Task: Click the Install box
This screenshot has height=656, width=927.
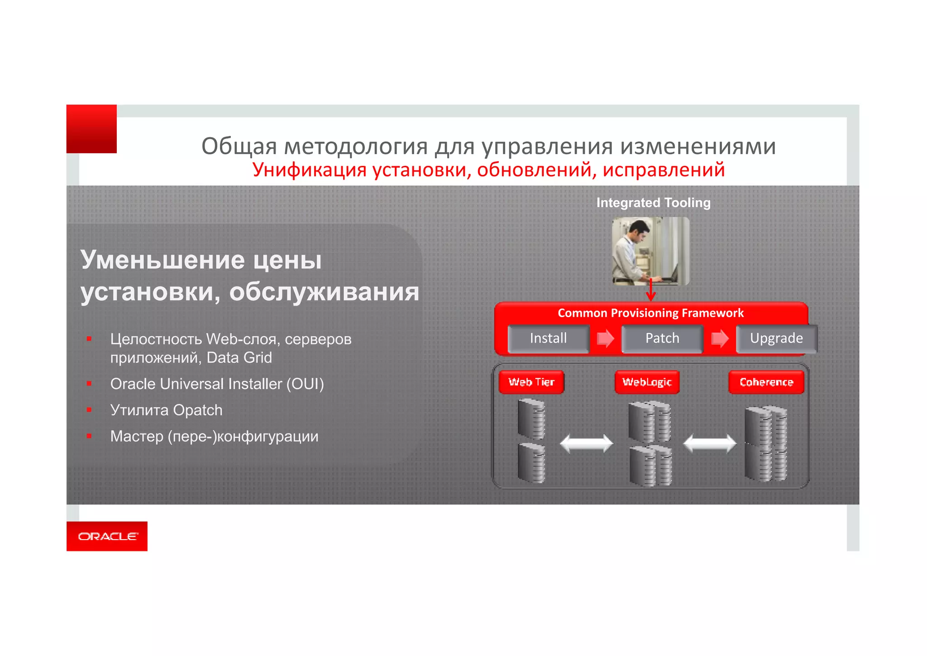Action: click(x=548, y=338)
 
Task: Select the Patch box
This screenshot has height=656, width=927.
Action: click(x=662, y=338)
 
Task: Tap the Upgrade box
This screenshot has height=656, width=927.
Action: click(x=776, y=338)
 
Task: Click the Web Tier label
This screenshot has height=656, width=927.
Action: click(x=531, y=382)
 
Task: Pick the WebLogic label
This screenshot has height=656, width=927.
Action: click(x=647, y=382)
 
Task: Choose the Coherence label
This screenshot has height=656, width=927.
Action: click(x=766, y=382)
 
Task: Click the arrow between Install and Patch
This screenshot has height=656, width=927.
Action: click(x=606, y=338)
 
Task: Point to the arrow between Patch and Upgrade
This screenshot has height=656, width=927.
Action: click(x=720, y=338)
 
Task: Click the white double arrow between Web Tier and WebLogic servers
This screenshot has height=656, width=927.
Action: click(x=586, y=443)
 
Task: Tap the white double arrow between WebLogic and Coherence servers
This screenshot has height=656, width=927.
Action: click(x=709, y=443)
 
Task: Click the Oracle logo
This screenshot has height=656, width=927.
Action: click(x=107, y=536)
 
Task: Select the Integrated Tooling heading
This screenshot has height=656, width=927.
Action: click(x=653, y=203)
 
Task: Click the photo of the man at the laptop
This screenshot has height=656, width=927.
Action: click(x=650, y=251)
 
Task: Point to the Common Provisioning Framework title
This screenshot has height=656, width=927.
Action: click(x=650, y=313)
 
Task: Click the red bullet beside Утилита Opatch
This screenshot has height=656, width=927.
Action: click(x=89, y=410)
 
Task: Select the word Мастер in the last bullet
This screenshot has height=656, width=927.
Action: click(x=137, y=436)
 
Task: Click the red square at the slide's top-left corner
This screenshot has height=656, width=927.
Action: click(x=91, y=129)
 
